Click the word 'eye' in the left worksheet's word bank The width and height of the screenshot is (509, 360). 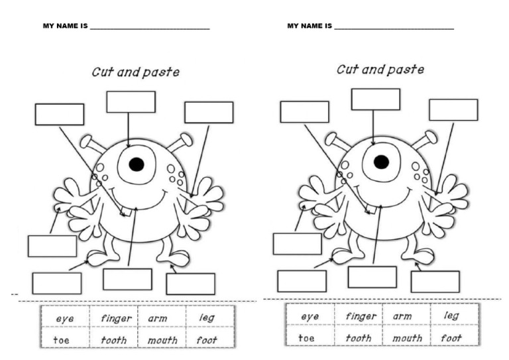(65, 319)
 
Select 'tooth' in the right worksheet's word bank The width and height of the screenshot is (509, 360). (359, 337)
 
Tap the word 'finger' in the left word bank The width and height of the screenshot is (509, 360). (115, 318)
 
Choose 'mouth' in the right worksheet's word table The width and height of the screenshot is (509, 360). (407, 337)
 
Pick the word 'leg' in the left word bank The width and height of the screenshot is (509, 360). (207, 318)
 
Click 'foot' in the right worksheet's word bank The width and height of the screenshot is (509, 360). (452, 337)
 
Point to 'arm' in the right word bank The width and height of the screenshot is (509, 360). (402, 316)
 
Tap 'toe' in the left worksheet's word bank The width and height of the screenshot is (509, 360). (62, 340)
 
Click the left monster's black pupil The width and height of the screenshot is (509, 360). (137, 164)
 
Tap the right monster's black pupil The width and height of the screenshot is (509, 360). (381, 162)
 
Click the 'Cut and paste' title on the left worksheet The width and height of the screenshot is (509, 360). (135, 72)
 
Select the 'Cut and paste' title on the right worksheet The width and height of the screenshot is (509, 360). (380, 70)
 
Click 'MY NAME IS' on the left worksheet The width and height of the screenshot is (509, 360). (65, 27)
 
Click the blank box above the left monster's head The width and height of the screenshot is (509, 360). (131, 102)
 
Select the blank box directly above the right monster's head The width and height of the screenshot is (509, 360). (375, 99)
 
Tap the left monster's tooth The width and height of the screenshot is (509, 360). (125, 213)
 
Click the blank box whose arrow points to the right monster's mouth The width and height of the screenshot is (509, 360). (372, 277)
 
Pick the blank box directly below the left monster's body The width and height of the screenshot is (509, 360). (127, 279)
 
